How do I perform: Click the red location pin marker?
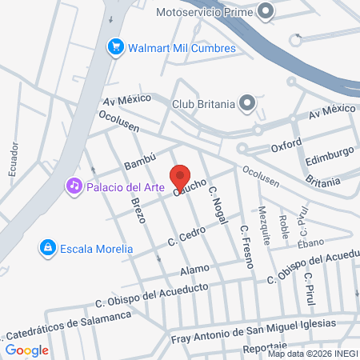[180, 176]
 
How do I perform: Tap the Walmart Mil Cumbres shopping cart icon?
[115, 48]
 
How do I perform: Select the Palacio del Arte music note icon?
[74, 186]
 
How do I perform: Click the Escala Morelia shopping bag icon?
[48, 249]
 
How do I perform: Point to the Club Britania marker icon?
[248, 102]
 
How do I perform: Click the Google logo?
[27, 350]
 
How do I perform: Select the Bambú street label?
[138, 158]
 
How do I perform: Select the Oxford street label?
[286, 146]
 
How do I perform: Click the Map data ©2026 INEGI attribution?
[312, 354]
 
